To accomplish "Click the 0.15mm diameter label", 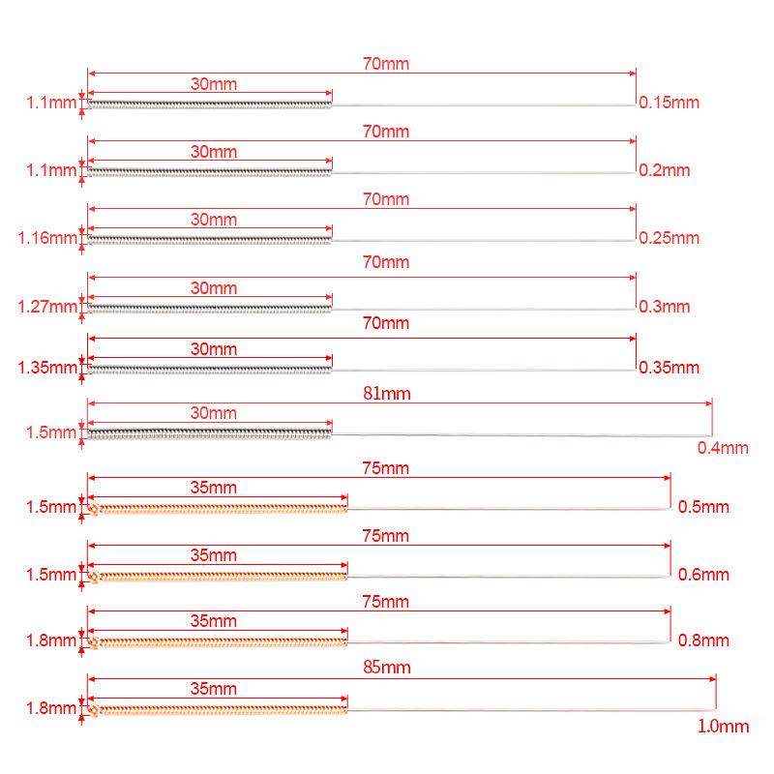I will [669, 102].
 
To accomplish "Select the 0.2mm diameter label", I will [665, 169].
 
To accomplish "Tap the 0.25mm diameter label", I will [669, 237].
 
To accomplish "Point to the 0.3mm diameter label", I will [665, 307].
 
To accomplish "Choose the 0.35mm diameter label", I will [669, 368].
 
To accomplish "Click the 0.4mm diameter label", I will [723, 447].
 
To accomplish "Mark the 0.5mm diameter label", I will [702, 506].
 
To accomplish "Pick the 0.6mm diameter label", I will [702, 575].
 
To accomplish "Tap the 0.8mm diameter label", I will [702, 640].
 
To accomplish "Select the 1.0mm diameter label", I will [723, 725].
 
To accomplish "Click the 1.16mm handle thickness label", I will [47, 237].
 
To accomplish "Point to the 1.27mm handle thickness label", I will [47, 307].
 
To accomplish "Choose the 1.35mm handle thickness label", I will [47, 368].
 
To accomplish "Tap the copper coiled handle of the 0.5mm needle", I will [218, 508].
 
